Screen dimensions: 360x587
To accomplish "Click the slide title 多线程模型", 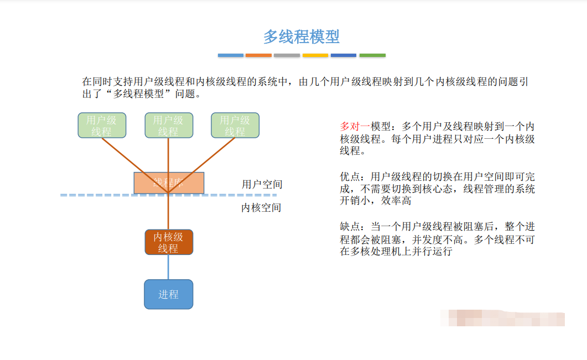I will (x=301, y=37).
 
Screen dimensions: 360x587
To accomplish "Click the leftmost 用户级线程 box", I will (x=102, y=126).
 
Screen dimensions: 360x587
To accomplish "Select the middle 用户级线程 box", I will (x=168, y=126).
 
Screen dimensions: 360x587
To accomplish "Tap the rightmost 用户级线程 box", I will (x=235, y=126).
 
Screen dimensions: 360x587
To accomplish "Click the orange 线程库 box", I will (x=169, y=182).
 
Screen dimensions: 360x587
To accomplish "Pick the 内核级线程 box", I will (x=169, y=242).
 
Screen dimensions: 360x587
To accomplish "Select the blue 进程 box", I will (x=169, y=294).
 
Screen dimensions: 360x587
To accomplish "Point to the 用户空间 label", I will (x=262, y=184).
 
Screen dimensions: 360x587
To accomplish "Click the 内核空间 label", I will (x=261, y=208).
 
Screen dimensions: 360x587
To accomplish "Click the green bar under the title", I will (x=372, y=55).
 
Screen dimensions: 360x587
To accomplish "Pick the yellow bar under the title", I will (x=315, y=55).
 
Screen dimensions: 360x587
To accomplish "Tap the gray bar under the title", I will (x=287, y=55).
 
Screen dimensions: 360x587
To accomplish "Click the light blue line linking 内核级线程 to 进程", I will (x=168, y=267).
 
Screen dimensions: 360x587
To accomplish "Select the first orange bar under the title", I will (x=258, y=55).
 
